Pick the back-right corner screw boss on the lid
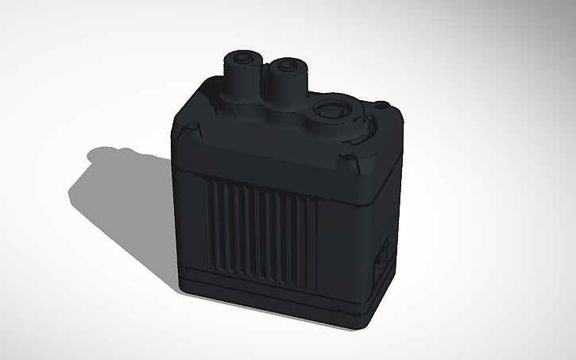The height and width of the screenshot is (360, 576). tap(381, 104)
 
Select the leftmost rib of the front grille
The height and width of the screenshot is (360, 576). tap(211, 223)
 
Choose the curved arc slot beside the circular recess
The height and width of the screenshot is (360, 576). tap(362, 132)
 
